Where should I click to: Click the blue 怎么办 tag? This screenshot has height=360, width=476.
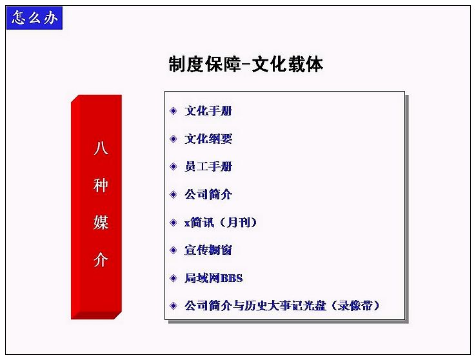click(34, 18)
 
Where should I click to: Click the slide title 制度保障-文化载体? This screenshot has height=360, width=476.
click(246, 64)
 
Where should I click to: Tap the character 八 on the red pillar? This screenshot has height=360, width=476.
click(101, 148)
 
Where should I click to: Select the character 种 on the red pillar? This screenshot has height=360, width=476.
click(101, 185)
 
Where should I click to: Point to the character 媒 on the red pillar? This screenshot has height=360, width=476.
click(101, 222)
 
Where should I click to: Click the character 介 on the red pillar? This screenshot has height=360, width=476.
click(101, 259)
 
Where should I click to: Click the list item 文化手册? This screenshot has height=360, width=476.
click(208, 111)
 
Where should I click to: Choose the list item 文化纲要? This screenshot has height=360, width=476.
click(208, 139)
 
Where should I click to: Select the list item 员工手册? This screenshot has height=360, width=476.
click(208, 166)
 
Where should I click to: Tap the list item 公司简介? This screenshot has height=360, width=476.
click(208, 194)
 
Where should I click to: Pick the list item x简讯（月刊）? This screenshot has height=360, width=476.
click(221, 223)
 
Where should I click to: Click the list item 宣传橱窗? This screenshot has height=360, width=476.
click(208, 250)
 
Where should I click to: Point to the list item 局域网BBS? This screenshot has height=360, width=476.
click(213, 278)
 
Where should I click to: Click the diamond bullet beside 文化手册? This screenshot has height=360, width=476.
click(174, 111)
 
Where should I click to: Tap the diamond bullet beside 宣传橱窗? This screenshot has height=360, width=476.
click(174, 250)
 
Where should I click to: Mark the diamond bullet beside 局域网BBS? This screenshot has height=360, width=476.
click(174, 278)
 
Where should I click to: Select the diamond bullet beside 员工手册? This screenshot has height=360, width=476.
click(174, 166)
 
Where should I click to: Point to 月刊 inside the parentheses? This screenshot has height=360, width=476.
click(239, 223)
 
